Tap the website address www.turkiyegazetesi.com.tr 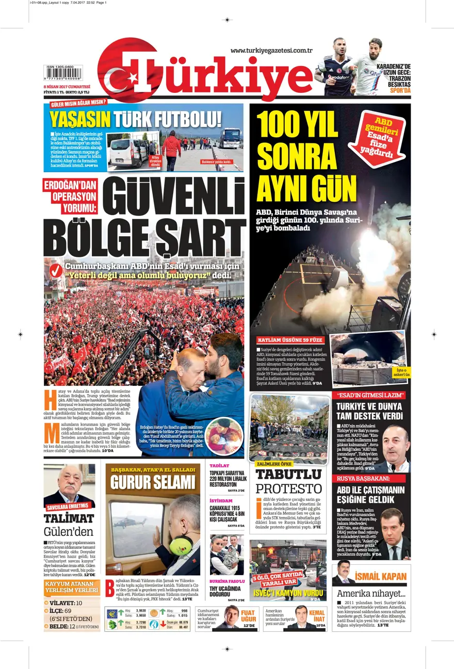(271, 50)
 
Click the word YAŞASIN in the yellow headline (80, 119)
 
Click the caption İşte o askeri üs (401, 372)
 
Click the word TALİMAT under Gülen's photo (69, 518)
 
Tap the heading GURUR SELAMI (153, 483)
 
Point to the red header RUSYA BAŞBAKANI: (364, 478)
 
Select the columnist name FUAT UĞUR (248, 616)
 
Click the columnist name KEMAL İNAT (317, 616)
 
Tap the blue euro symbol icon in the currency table (112, 613)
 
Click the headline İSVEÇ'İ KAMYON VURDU (288, 593)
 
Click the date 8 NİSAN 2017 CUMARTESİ (67, 86)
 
